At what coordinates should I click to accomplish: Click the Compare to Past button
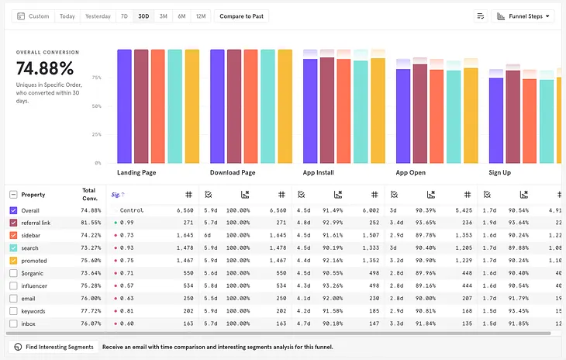241,16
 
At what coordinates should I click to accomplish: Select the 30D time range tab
143,16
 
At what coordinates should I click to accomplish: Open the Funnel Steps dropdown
525,16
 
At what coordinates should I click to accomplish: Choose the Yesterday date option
98,16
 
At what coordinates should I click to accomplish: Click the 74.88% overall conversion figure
45,68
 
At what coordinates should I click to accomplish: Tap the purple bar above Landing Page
124,106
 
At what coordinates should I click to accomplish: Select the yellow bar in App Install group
378,110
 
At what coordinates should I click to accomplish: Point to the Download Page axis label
233,172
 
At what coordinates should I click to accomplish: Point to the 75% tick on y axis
97,78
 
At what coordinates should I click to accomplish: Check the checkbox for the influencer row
13,286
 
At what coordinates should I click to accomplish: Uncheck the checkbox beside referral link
13,223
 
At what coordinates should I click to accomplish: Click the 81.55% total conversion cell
90,223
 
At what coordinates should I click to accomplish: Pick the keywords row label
33,311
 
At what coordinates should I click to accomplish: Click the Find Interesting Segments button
52,347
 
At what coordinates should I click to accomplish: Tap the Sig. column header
117,195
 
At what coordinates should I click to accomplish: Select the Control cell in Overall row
132,210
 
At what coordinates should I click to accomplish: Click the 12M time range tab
201,16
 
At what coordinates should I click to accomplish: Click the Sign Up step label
499,172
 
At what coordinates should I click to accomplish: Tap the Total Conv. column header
89,194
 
